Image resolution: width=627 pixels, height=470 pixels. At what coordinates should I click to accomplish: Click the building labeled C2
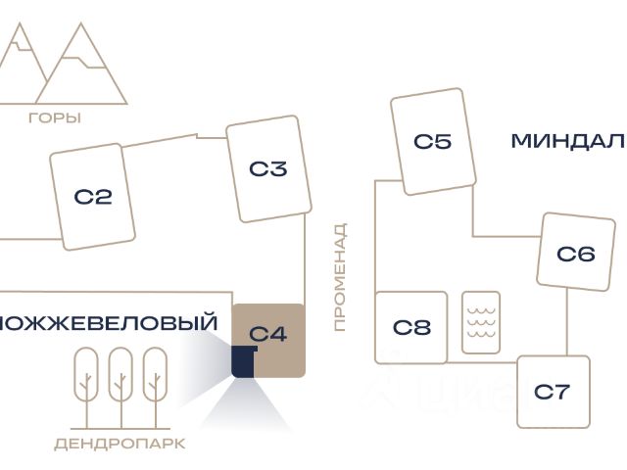(93, 197)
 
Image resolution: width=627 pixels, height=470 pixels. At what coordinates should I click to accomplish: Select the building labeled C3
(267, 168)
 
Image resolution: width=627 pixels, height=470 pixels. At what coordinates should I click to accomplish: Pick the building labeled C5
(432, 141)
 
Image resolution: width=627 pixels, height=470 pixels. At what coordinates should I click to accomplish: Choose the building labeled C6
(575, 254)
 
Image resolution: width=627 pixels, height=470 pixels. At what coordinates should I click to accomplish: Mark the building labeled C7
(553, 392)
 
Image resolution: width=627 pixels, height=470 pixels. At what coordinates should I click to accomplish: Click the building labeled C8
(411, 327)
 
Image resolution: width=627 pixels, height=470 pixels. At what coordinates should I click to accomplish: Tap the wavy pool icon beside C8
(481, 322)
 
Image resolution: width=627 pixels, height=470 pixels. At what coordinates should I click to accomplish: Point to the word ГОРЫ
(55, 118)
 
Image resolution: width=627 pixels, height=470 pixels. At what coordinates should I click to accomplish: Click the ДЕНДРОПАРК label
(120, 444)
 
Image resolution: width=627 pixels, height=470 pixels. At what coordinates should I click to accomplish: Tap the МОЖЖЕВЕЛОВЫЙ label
(108, 323)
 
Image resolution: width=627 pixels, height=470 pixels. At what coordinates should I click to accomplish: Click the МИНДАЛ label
(568, 141)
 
